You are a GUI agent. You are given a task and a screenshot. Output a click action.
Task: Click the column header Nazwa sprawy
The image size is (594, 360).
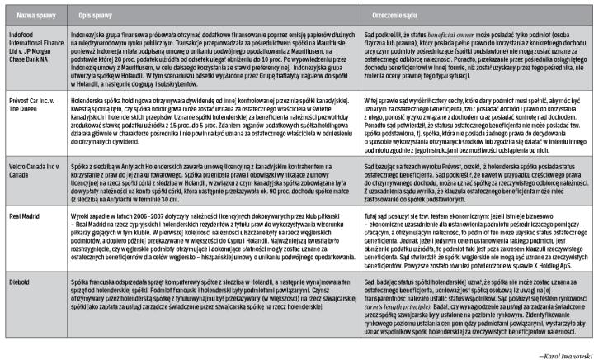pyautogui.click(x=31, y=15)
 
